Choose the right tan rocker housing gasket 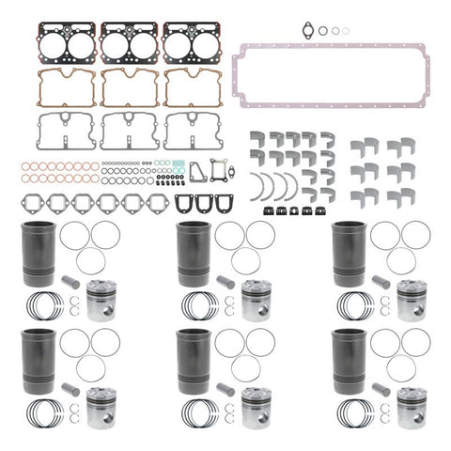(x=194, y=86)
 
